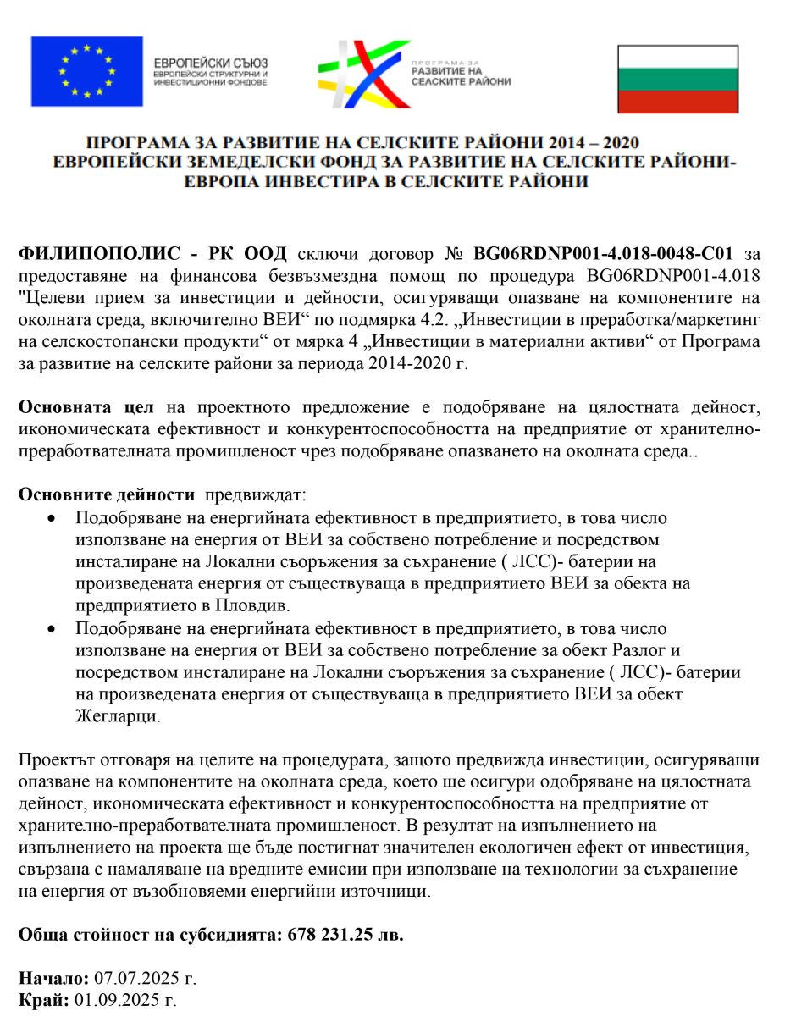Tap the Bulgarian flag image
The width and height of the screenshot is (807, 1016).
pyautogui.click(x=677, y=79)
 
